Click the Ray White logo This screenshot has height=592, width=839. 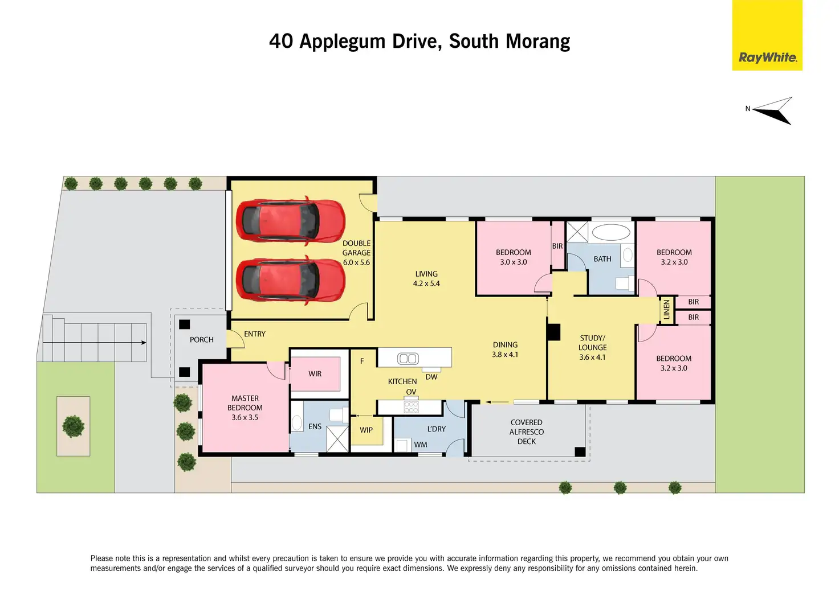click(x=767, y=35)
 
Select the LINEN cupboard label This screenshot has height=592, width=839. click(x=666, y=310)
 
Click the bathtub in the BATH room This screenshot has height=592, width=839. click(x=610, y=232)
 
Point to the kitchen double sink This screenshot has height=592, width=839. click(x=408, y=359)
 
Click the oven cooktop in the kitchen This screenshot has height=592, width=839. click(x=411, y=406)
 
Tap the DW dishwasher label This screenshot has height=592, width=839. click(x=431, y=377)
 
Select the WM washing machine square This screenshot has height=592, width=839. click(x=402, y=445)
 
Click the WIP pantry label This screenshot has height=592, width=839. click(x=366, y=430)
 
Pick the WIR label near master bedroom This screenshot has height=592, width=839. click(x=315, y=373)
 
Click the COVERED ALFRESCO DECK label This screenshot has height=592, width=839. click(x=526, y=432)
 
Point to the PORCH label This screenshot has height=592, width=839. click(x=202, y=340)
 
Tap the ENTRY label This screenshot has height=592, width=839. click(x=255, y=334)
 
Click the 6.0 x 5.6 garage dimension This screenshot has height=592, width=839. click(x=356, y=262)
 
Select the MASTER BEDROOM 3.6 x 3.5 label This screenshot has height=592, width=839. click(x=245, y=408)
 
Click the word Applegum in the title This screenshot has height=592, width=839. click(x=342, y=42)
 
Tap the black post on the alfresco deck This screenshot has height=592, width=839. click(x=580, y=452)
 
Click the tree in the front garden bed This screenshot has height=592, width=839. click(x=73, y=426)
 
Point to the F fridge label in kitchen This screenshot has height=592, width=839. click(x=362, y=361)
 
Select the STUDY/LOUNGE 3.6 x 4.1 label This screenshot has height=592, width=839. click(x=592, y=347)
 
